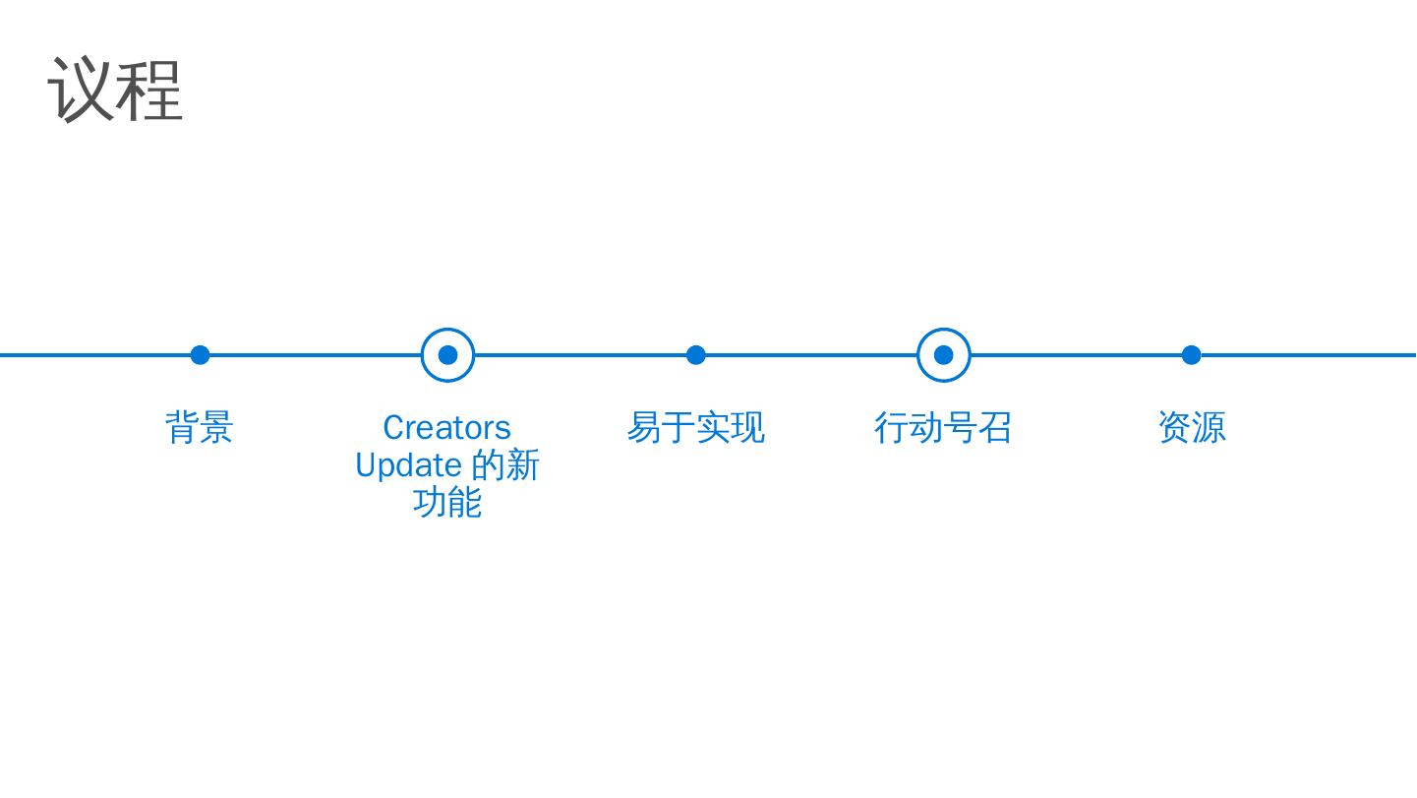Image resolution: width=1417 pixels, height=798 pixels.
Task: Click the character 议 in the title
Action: [81, 90]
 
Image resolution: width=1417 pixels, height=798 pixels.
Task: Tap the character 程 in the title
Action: [149, 90]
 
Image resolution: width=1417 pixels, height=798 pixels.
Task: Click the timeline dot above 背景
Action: [200, 355]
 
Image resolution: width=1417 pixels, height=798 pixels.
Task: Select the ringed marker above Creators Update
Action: [447, 355]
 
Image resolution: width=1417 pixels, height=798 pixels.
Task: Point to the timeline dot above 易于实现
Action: [695, 355]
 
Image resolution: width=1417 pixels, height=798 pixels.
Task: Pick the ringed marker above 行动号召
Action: [943, 355]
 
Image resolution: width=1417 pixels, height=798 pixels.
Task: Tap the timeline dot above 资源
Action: [1191, 355]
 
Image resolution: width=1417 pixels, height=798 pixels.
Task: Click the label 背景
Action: [200, 428]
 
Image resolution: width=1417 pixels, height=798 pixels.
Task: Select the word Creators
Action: [446, 428]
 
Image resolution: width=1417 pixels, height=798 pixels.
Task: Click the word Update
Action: [408, 465]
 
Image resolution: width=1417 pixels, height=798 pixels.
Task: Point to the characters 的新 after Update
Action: [505, 465]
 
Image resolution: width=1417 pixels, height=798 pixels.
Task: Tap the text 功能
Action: [447, 503]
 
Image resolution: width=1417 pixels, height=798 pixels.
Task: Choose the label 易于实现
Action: [695, 428]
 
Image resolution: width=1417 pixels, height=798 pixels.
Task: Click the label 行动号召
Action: [943, 428]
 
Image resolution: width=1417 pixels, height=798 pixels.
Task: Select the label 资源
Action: [1191, 428]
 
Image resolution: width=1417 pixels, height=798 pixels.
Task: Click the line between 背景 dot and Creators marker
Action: [315, 355]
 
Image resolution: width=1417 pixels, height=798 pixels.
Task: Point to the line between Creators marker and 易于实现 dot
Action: [580, 355]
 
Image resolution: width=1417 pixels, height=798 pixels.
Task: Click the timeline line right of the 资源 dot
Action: [1308, 355]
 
